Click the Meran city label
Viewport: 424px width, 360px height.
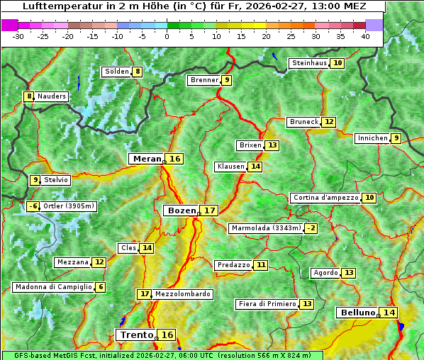147,159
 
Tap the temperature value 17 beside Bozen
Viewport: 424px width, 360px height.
208,210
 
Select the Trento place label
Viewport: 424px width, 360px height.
137,334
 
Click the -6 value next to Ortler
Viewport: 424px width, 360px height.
33,207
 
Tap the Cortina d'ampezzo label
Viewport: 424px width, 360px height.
325,198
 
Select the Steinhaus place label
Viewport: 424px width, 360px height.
309,63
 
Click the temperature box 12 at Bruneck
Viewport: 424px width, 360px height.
329,122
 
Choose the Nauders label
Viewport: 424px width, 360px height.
52,96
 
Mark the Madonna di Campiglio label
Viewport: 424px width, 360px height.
53,287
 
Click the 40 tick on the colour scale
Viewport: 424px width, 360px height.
365,35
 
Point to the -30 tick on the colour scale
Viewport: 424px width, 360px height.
18,35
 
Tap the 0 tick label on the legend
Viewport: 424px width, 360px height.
167,35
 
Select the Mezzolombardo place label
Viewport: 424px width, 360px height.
182,294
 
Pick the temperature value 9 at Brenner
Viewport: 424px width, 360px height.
226,80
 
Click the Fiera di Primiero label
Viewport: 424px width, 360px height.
267,304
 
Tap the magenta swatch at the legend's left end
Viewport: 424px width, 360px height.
10,25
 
